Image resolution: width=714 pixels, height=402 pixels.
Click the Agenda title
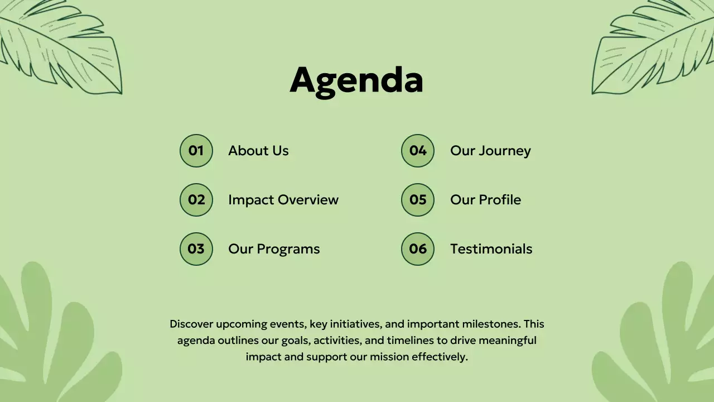pos(356,79)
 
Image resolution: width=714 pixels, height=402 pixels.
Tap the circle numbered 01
pos(196,151)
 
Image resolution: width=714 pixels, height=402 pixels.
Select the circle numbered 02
pos(196,200)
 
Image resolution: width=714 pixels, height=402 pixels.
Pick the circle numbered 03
pos(196,249)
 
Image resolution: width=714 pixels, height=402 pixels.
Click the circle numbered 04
pos(418,151)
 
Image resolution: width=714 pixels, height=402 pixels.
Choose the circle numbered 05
pos(418,200)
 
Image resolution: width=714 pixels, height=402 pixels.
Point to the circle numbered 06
pos(418,249)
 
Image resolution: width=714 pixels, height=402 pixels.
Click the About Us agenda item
pos(258,151)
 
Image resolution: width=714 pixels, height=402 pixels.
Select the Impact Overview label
pos(283,200)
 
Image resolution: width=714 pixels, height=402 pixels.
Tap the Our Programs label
pos(274,249)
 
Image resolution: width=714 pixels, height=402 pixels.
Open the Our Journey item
pos(490,151)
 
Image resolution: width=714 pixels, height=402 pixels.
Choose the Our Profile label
pos(485,200)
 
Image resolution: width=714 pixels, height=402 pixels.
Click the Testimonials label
pos(491,249)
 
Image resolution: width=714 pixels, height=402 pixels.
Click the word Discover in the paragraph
pos(191,324)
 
